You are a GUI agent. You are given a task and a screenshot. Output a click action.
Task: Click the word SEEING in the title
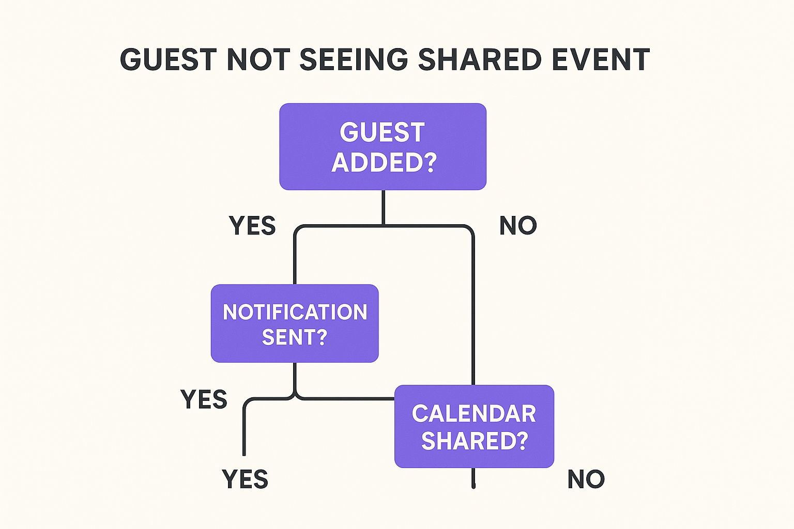click(354, 59)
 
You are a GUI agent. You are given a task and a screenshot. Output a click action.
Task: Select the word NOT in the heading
click(258, 59)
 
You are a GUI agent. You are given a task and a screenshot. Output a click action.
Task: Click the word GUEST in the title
click(169, 59)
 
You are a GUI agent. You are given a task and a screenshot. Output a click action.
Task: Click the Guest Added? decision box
click(383, 147)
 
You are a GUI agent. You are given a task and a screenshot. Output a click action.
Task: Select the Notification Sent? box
click(295, 323)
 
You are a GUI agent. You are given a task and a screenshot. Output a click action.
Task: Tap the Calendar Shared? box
click(474, 426)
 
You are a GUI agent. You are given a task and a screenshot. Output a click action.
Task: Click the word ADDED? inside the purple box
click(384, 163)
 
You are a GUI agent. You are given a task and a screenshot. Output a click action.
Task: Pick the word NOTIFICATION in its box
click(295, 312)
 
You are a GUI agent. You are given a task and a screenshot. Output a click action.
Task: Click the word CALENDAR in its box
click(474, 413)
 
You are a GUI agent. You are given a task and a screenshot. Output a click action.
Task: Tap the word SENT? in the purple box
click(294, 337)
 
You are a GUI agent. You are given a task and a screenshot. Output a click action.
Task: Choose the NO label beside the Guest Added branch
click(518, 226)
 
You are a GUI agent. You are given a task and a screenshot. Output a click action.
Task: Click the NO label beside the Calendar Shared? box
click(586, 479)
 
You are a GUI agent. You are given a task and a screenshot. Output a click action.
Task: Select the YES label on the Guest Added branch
click(252, 226)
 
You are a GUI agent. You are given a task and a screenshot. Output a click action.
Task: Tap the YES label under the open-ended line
click(245, 479)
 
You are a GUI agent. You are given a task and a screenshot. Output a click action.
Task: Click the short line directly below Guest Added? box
click(383, 207)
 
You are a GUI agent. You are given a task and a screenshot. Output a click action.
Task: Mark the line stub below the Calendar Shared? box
click(473, 478)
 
